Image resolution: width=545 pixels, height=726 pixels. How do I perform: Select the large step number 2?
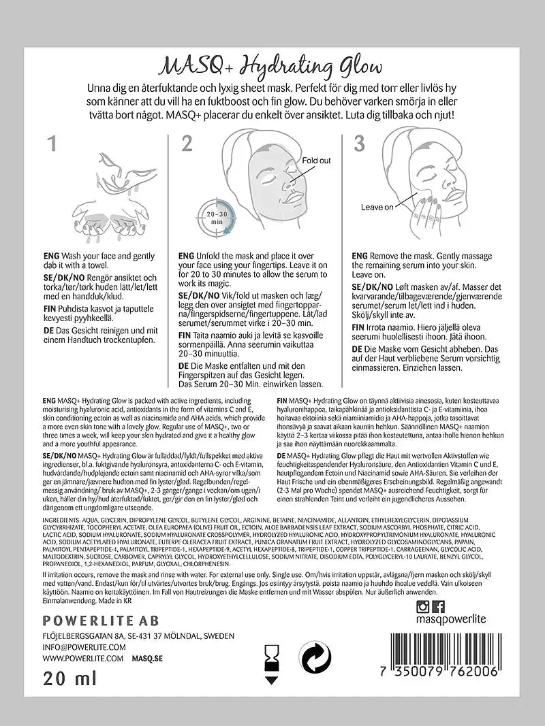coord(187,143)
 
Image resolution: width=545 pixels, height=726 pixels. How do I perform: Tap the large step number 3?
coord(359,143)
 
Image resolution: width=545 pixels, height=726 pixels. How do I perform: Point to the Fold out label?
coord(317,161)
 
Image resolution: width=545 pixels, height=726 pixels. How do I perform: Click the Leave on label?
coord(377,207)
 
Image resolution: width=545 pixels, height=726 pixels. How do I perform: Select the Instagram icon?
coord(423,606)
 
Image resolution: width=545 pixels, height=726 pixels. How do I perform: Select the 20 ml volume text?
coord(69,678)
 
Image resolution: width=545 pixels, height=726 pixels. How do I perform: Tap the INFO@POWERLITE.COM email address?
coord(84,647)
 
